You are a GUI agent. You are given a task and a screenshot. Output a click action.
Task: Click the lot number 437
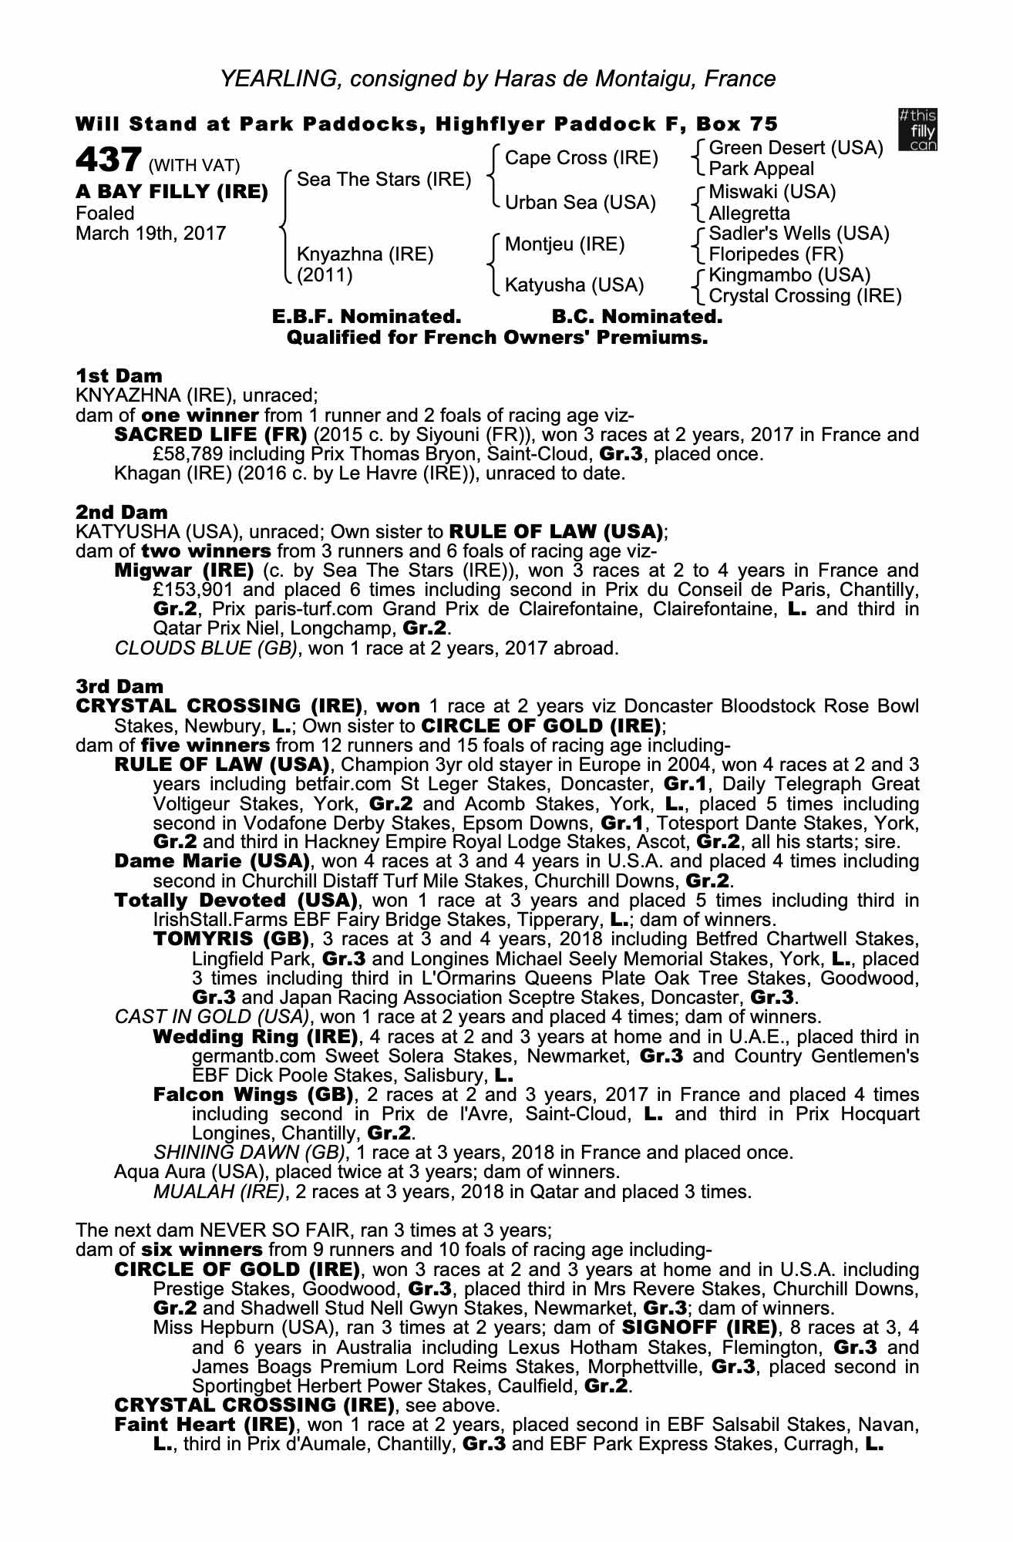107,161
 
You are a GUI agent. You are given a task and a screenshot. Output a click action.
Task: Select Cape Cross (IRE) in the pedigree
581,158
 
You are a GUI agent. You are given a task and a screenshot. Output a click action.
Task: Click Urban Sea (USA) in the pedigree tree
580,202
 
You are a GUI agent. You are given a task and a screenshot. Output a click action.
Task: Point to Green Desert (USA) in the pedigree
796,148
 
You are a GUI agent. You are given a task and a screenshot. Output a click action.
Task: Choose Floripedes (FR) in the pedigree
776,254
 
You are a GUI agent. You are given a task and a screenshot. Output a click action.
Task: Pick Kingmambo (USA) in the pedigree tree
789,275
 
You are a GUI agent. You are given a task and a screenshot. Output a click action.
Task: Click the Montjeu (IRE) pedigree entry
564,244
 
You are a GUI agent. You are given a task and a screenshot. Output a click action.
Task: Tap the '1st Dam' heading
119,375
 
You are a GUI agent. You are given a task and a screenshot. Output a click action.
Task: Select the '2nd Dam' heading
122,511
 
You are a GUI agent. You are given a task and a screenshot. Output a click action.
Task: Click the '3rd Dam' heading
120,685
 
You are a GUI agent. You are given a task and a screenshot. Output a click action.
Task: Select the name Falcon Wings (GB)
253,1095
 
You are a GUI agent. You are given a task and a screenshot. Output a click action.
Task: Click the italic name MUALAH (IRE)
220,1192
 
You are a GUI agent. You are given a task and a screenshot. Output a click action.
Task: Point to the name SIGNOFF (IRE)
698,1328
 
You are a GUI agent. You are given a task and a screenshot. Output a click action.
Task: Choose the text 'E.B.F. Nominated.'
366,316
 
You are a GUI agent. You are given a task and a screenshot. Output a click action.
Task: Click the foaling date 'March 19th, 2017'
151,234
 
